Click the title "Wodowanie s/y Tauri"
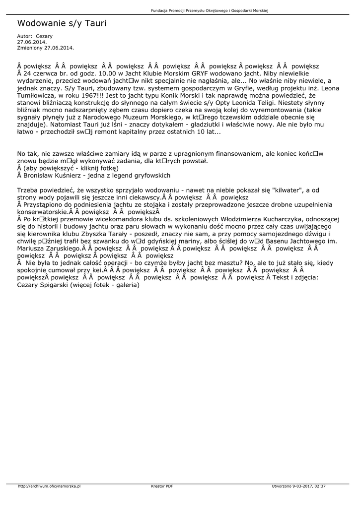pos(62,23)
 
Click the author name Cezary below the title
pos(44,36)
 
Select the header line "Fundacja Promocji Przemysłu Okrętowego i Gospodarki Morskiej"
pos(209,11)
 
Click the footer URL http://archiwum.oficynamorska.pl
pos(49,486)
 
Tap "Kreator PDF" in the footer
pos(162,486)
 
